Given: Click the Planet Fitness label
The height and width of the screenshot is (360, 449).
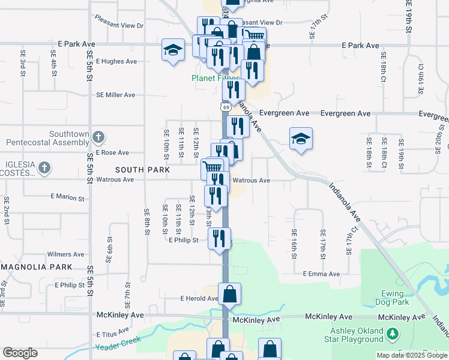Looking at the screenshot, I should pos(215,78).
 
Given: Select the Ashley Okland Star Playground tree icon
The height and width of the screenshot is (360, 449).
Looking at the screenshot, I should pos(393,332).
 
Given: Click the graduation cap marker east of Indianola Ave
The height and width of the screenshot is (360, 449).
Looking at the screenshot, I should pos(301,139).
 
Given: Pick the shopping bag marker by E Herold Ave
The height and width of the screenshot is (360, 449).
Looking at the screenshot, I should pos(229,294).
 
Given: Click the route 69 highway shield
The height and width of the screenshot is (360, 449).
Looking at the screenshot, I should pos(225,107).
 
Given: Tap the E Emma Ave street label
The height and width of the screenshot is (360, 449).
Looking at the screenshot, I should pos(321,274).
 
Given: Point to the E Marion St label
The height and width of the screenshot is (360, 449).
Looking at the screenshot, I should pos(68,196).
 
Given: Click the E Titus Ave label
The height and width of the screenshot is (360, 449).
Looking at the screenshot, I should pos(112,332).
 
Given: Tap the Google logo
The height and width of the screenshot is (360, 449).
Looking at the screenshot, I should pos(20,353).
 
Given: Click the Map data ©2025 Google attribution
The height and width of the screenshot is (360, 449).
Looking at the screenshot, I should pos(411,355).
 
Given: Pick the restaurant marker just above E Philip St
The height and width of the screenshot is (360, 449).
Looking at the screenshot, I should pos(219,238).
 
